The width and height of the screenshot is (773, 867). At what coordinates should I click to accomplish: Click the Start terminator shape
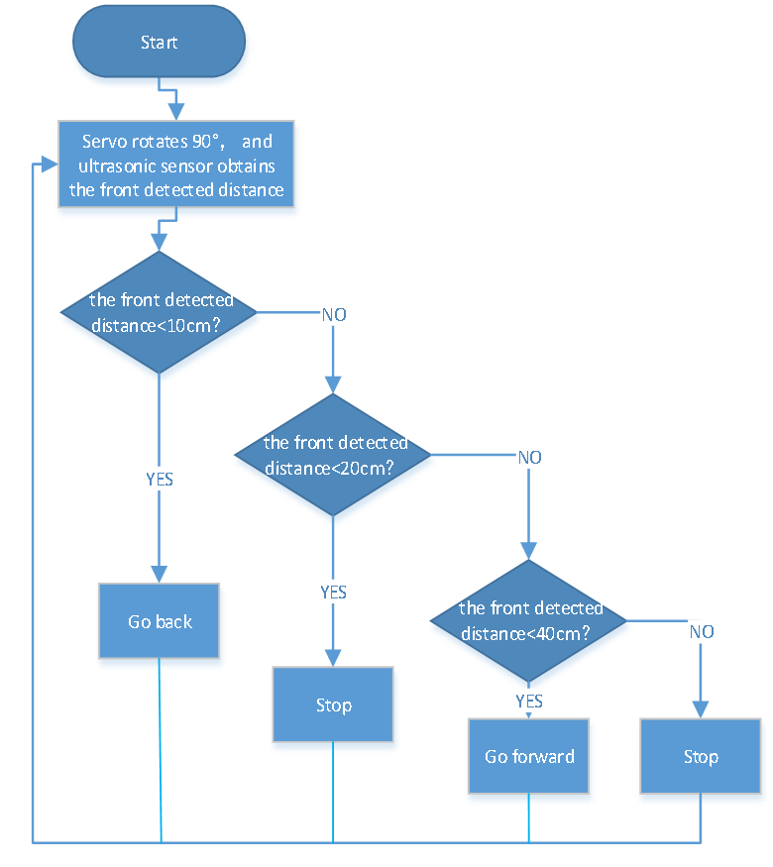[160, 42]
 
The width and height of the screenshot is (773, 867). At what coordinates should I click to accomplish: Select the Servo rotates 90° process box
[176, 164]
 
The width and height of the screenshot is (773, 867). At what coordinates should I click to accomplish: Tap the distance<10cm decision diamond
[159, 312]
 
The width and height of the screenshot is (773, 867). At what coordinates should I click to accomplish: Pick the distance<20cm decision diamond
[333, 455]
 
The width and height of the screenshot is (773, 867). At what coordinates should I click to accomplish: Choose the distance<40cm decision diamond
[528, 621]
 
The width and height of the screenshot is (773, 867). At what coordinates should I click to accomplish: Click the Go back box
[160, 621]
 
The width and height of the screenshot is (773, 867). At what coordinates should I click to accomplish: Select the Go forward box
[528, 756]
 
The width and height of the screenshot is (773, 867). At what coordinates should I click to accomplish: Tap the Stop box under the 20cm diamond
[333, 704]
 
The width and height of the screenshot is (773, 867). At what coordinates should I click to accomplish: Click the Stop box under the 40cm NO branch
[701, 756]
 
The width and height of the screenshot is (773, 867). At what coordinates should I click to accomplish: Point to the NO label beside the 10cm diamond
[334, 315]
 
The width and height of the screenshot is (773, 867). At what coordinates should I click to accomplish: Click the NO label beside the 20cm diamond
[530, 457]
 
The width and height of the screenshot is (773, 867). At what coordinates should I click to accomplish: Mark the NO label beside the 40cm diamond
[702, 631]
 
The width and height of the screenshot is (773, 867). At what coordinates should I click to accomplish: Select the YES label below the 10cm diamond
[160, 479]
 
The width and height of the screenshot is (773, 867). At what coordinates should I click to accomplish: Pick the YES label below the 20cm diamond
[333, 593]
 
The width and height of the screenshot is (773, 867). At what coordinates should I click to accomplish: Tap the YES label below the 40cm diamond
[529, 702]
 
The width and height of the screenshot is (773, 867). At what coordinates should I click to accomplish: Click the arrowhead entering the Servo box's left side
[50, 164]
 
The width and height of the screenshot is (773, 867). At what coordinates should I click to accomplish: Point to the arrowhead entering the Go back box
[160, 575]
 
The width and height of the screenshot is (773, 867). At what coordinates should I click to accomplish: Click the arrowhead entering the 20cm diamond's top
[333, 384]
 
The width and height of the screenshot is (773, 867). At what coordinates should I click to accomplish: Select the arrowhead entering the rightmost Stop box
[701, 710]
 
